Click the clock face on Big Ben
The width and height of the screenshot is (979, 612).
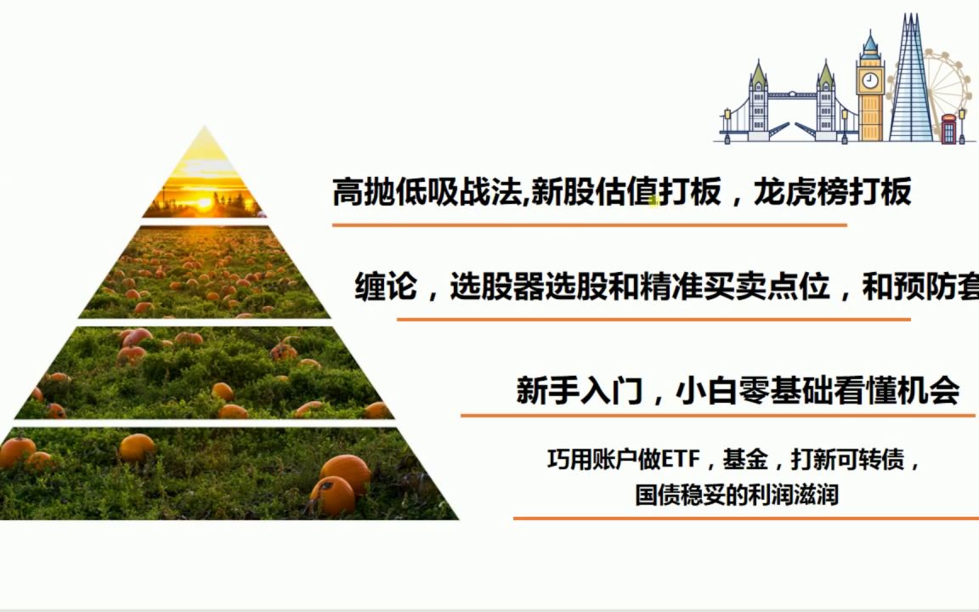(x=870, y=81)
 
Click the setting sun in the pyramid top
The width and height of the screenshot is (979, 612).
(x=203, y=203)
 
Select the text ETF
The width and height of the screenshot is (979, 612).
(x=680, y=461)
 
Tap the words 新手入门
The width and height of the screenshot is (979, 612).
(x=579, y=391)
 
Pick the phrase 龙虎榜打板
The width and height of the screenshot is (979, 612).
(x=833, y=193)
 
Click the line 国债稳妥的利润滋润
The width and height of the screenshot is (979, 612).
(x=737, y=494)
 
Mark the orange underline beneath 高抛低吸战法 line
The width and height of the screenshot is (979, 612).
(x=589, y=225)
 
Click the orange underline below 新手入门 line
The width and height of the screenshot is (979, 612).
(x=717, y=416)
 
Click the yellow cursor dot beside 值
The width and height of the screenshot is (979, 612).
(x=655, y=201)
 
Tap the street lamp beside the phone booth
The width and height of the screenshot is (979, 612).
(x=962, y=123)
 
